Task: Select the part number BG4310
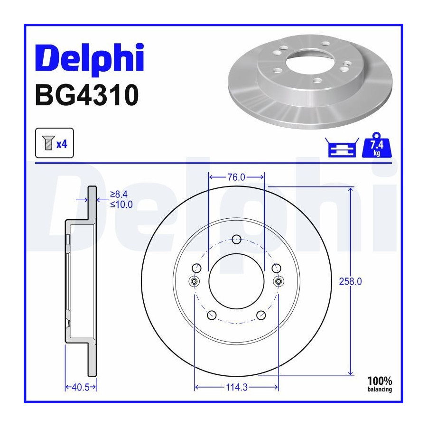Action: click(x=87, y=95)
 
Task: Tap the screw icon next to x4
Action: click(x=49, y=143)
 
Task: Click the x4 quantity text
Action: click(x=62, y=144)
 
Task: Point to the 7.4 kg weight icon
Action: click(x=377, y=145)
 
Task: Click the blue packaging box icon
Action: click(x=342, y=148)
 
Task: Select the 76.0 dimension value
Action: click(x=236, y=177)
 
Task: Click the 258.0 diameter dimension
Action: click(x=351, y=281)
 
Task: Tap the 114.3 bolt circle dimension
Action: click(x=237, y=387)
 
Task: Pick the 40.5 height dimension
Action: click(x=81, y=387)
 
